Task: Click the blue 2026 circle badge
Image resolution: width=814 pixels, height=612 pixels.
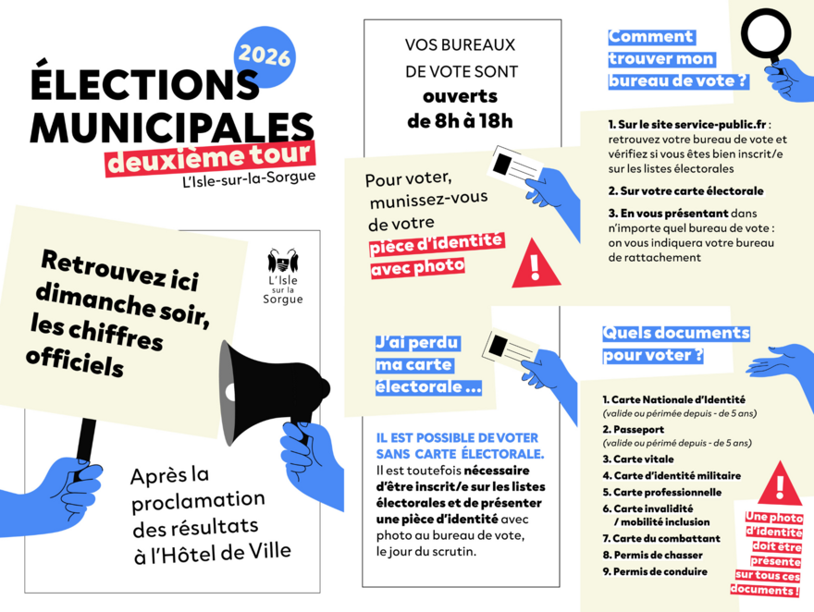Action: (264, 57)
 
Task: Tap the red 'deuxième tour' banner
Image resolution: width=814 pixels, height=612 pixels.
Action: (208, 155)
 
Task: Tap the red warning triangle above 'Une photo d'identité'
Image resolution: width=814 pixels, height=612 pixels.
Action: (780, 483)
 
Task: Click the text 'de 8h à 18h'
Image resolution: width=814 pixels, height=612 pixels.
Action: (460, 120)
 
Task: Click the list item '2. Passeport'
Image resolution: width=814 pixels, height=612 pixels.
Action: (636, 430)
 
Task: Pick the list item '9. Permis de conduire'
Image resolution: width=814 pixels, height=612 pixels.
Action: (655, 571)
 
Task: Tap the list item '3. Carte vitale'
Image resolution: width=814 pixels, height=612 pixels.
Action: (638, 459)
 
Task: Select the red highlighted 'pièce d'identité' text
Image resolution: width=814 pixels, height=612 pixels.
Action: (436, 243)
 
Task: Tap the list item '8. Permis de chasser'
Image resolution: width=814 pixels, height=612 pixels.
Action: (652, 555)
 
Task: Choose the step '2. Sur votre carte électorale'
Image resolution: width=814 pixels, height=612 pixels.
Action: (685, 191)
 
